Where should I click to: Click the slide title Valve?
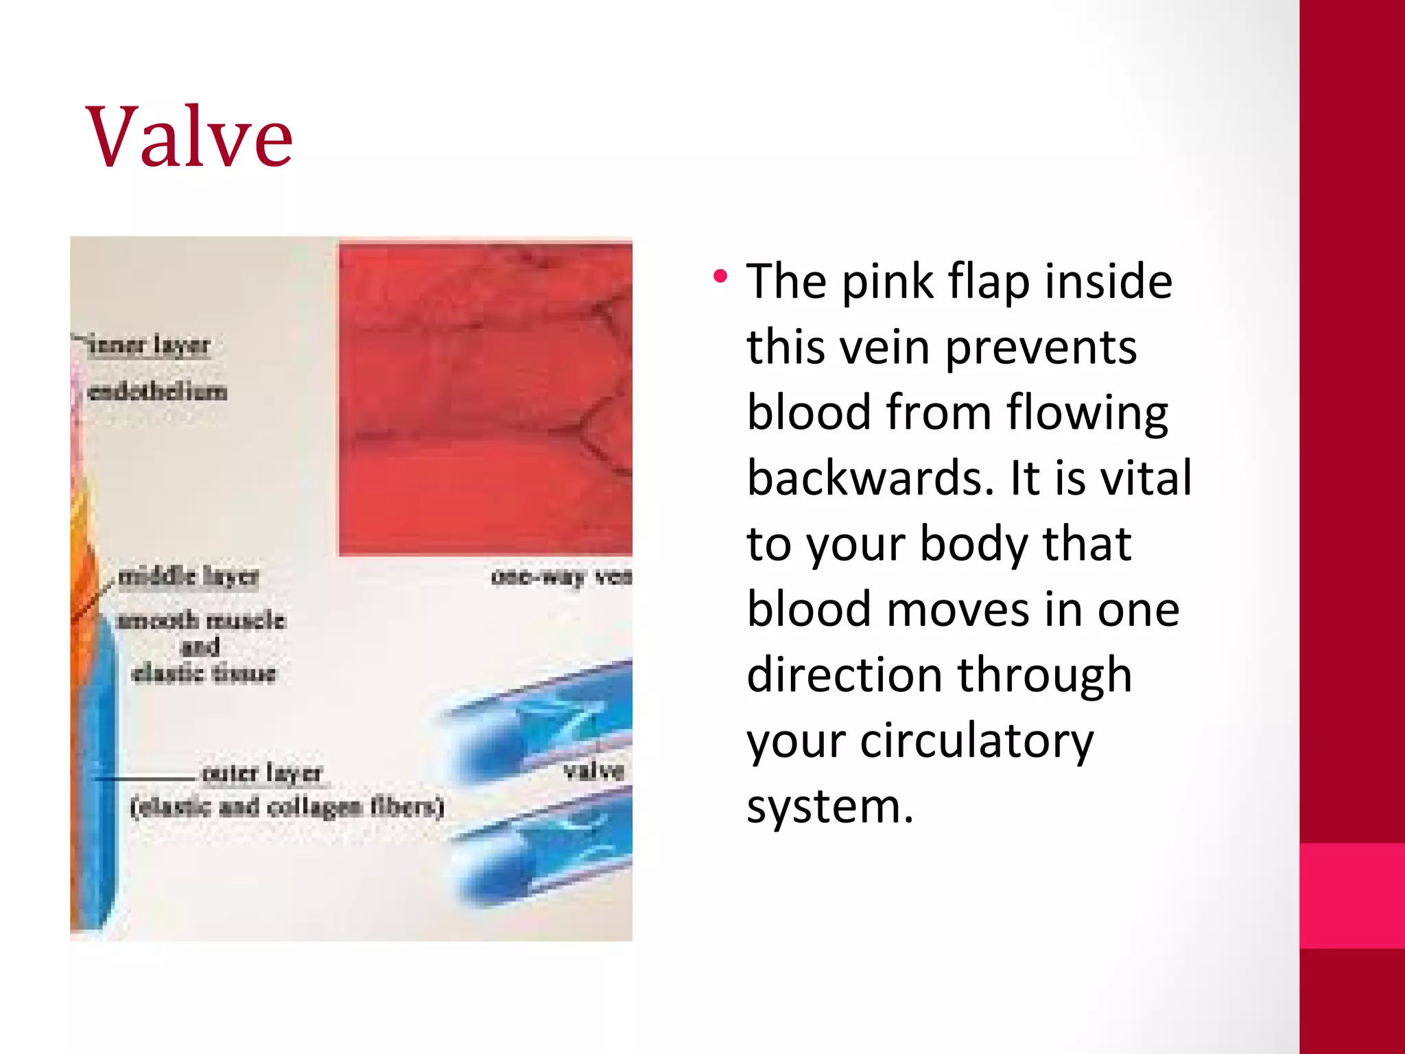tap(189, 137)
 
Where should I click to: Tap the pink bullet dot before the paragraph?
tap(720, 277)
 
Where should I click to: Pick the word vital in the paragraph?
tap(1146, 478)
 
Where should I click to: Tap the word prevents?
tap(1040, 347)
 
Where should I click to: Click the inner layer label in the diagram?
tap(150, 345)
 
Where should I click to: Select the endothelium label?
tap(158, 392)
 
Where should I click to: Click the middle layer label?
tap(189, 577)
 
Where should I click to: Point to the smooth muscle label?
tap(201, 620)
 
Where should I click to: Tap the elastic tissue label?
tap(204, 673)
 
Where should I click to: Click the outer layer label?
tap(262, 773)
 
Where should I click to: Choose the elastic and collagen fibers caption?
tap(287, 807)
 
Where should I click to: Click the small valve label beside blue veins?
tap(593, 771)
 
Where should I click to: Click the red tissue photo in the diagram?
tap(485, 398)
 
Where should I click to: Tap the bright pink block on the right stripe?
tap(1351, 895)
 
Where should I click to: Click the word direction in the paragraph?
tap(843, 675)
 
